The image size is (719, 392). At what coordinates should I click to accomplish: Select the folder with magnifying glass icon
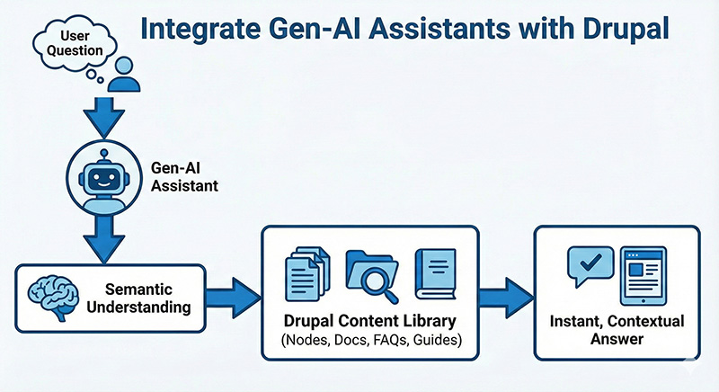coord(368,273)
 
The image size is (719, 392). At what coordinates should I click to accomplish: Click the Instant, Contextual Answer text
coord(616,330)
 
